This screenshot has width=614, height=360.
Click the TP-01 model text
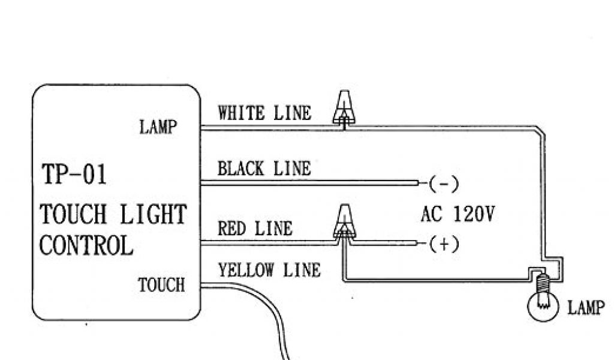(74, 175)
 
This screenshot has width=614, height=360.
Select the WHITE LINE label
(264, 113)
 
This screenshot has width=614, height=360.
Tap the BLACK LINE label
(264, 169)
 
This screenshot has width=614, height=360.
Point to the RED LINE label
(255, 229)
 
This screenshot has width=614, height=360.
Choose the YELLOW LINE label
(269, 271)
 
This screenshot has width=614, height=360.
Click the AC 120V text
(458, 214)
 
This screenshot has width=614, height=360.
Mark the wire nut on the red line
(344, 221)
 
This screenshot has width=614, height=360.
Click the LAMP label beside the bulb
(585, 308)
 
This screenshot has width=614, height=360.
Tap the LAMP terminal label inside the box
(158, 127)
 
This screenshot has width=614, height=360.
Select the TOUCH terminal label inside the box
(161, 284)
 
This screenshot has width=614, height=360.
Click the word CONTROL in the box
(86, 245)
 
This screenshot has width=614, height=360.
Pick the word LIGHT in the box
(154, 214)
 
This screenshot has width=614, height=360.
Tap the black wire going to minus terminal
(312, 182)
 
